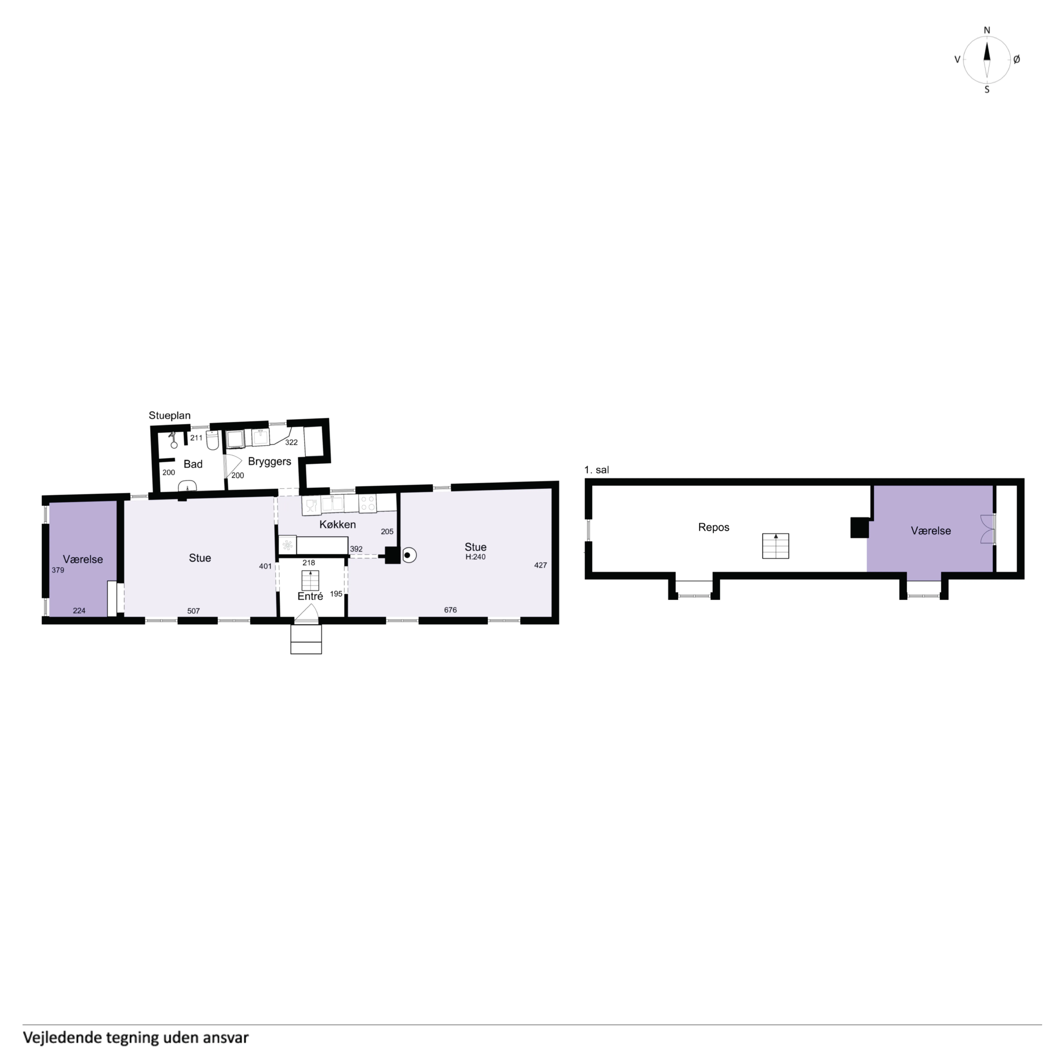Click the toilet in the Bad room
(x=213, y=440)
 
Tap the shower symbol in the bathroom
(x=174, y=440)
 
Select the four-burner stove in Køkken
(x=367, y=503)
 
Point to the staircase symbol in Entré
(x=310, y=580)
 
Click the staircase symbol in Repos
(x=775, y=546)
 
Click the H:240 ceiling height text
(x=476, y=557)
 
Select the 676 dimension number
(x=450, y=610)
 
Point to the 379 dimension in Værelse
(x=58, y=570)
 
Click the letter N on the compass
(x=987, y=30)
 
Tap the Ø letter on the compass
(x=1016, y=59)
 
